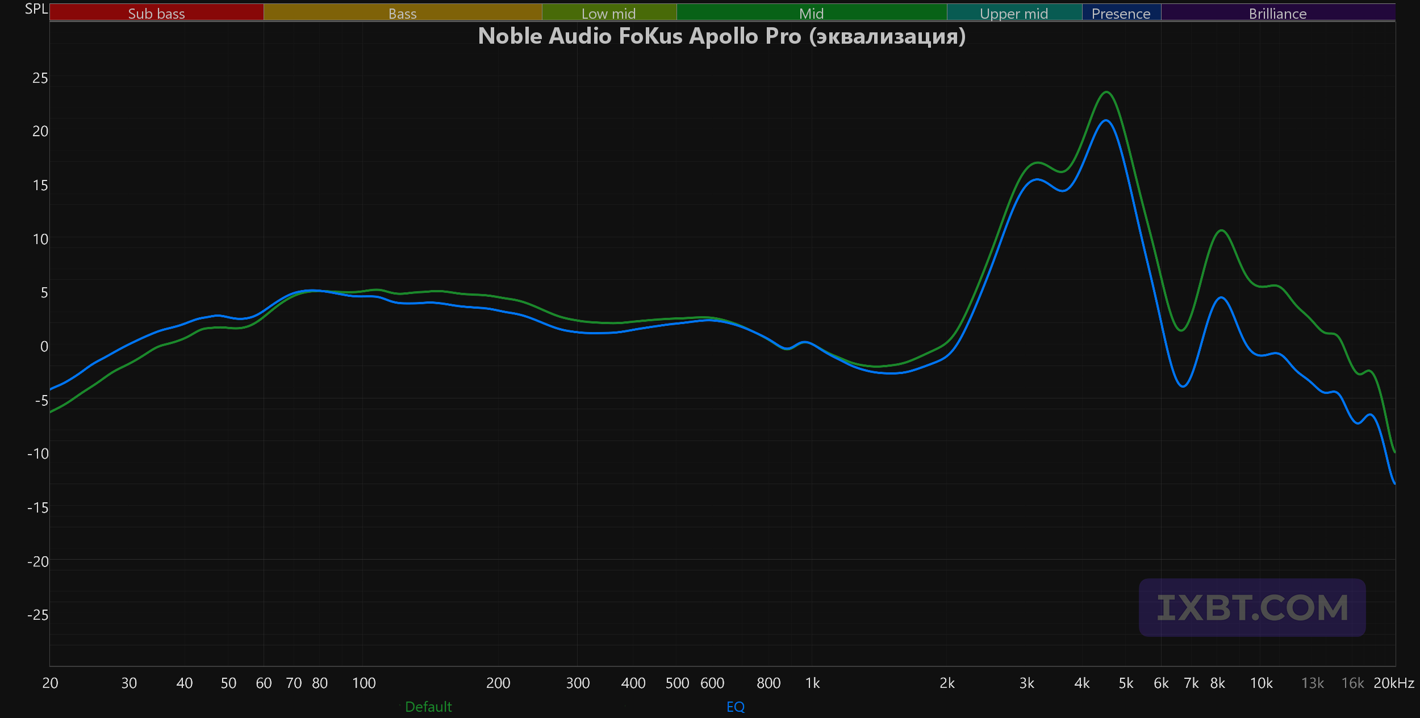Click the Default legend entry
[x=428, y=707]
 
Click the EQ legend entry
[x=736, y=707]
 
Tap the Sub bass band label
[x=156, y=13]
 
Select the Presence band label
[x=1121, y=13]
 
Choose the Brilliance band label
[x=1277, y=13]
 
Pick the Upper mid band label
[x=1014, y=14]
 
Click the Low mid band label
[x=608, y=13]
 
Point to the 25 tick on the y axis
[x=40, y=78]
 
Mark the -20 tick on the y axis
[x=38, y=561]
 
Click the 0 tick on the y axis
[x=44, y=346]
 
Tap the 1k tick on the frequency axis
[x=812, y=683]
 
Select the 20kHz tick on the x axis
[x=1394, y=683]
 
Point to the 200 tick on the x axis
[x=498, y=683]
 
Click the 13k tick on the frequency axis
[x=1313, y=683]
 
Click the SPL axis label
[x=36, y=9]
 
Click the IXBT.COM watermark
[x=1252, y=607]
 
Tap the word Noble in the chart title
[x=510, y=36]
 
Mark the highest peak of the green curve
[x=1106, y=92]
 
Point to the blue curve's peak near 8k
[x=1221, y=297]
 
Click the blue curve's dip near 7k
[x=1183, y=387]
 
